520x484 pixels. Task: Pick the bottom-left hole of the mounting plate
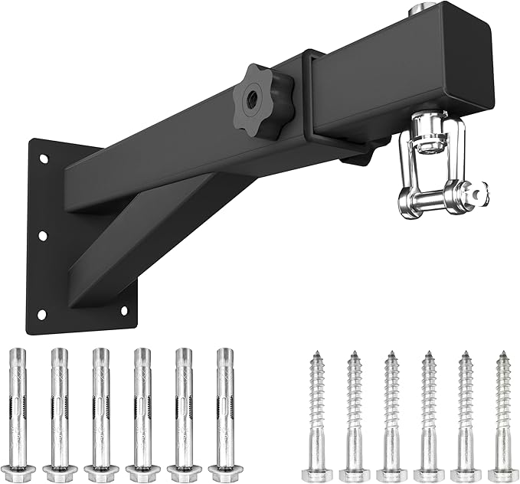click(x=41, y=314)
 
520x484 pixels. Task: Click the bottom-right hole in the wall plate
click(x=124, y=310)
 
